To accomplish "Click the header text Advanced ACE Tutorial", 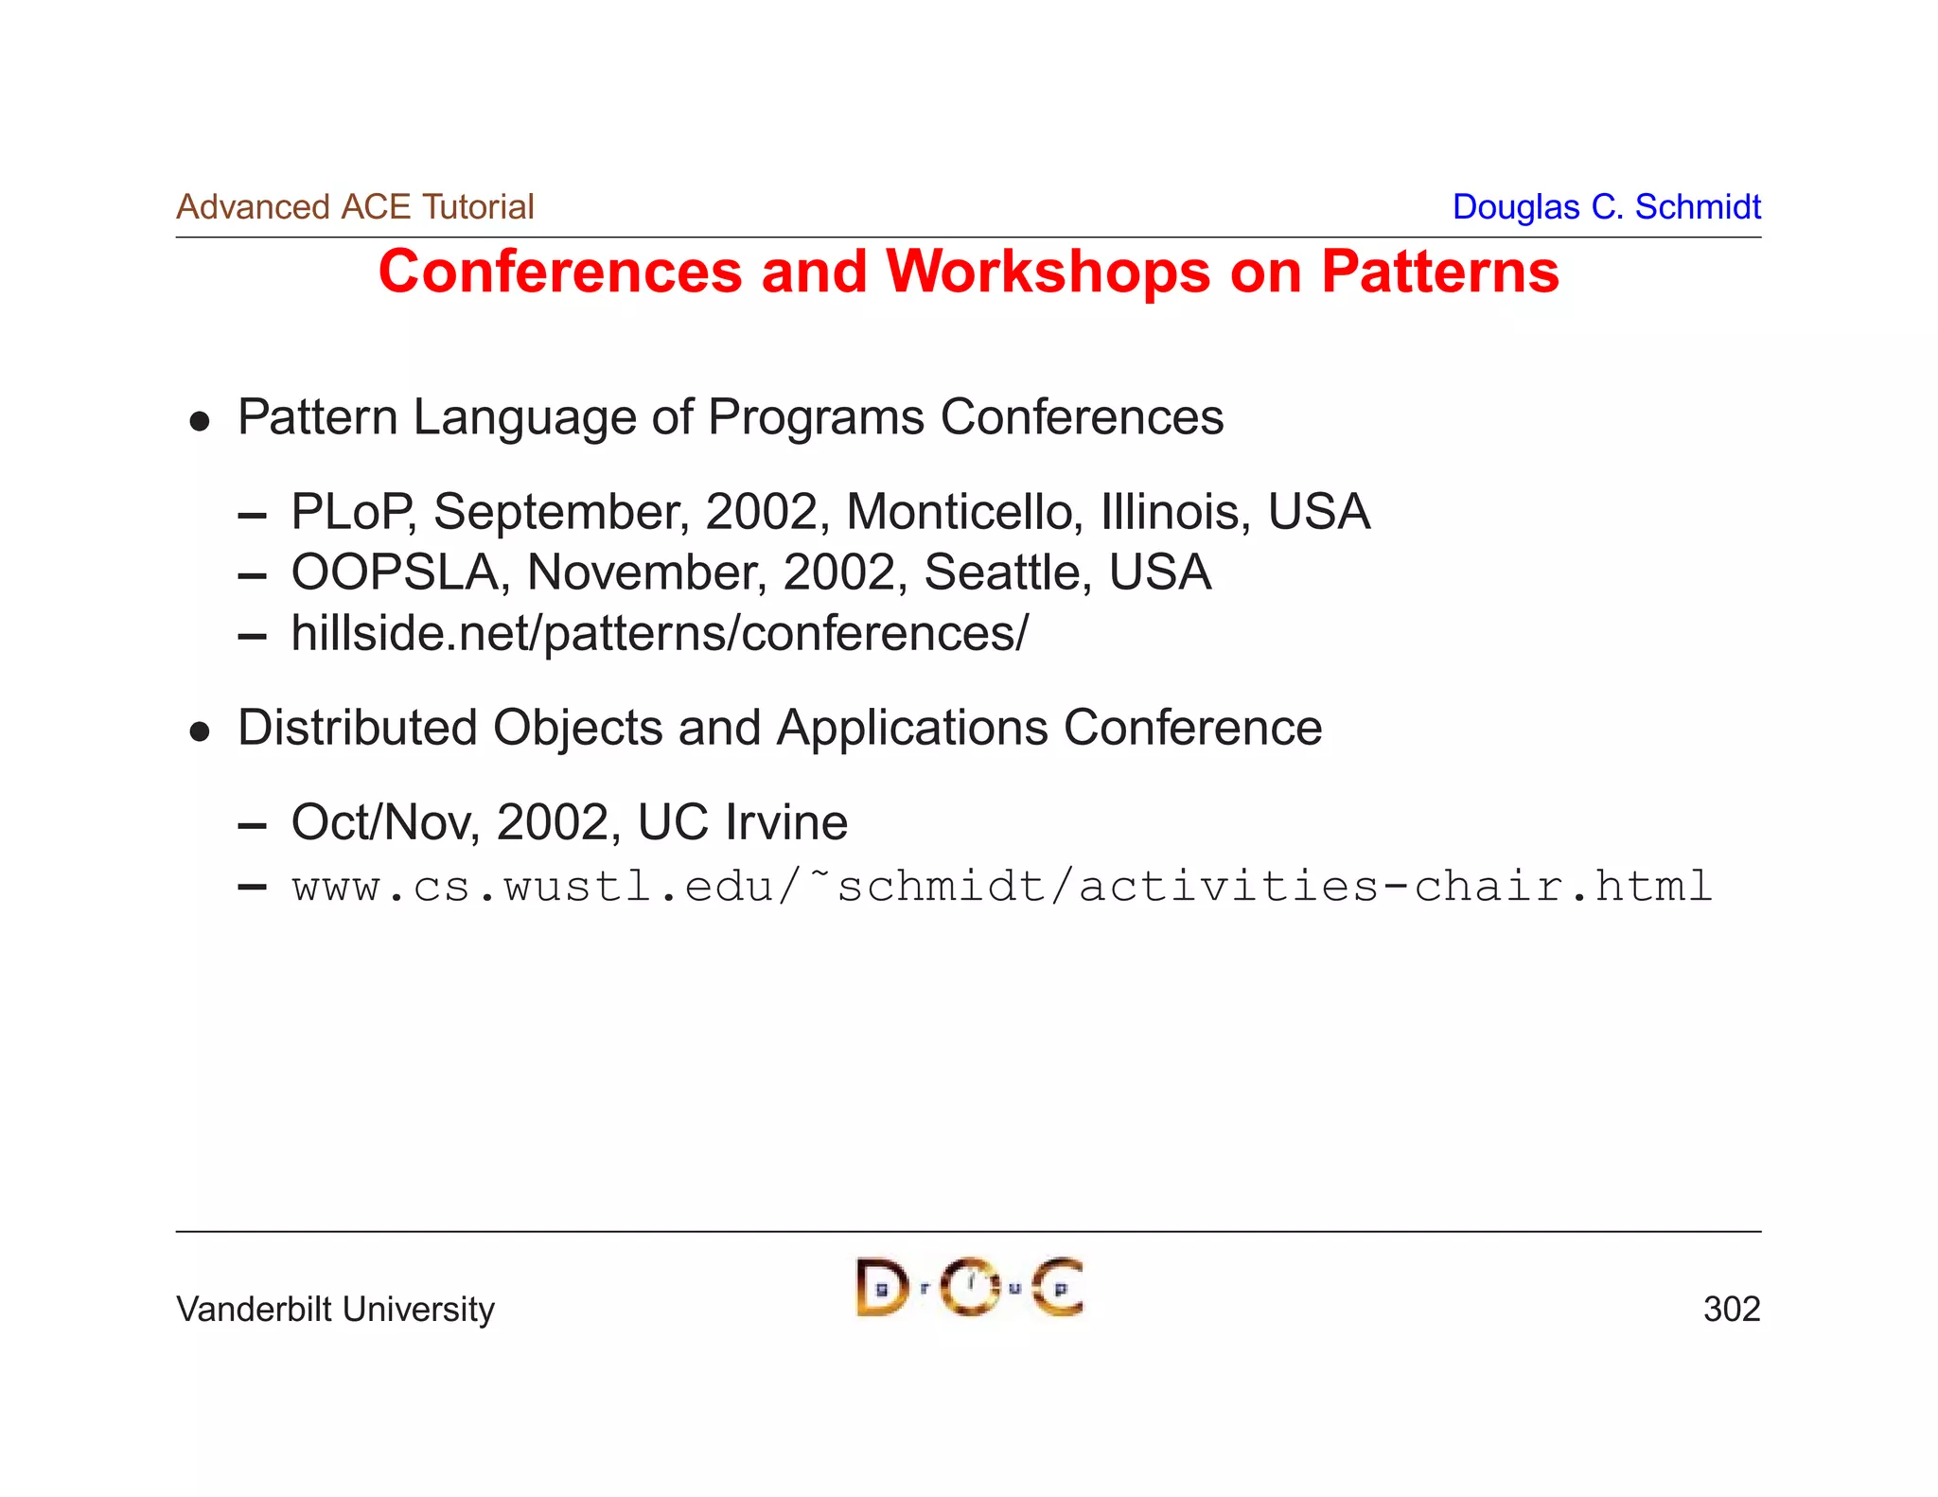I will [355, 207].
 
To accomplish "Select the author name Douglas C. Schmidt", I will [1606, 207].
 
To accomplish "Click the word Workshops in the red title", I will [1048, 273].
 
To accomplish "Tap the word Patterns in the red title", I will [1439, 273].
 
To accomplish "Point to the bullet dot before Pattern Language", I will [199, 421].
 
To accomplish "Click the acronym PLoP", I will [351, 512].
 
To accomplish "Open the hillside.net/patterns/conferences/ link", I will [660, 634].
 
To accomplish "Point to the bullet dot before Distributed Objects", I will [199, 731].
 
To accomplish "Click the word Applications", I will [912, 728].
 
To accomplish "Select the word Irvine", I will [786, 822].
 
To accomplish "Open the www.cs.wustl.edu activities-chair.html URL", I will [1002, 887].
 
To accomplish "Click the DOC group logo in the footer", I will [969, 1287].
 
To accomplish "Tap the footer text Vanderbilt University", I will [335, 1310].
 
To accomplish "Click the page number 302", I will [1731, 1310].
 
